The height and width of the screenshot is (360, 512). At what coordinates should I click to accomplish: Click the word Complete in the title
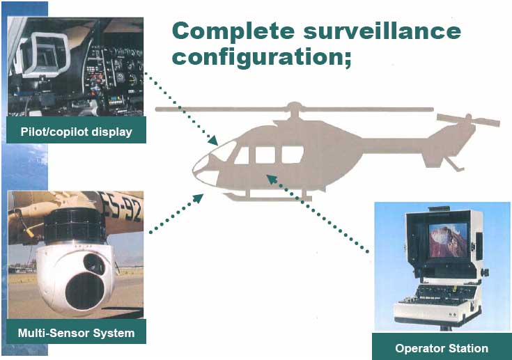click(x=233, y=31)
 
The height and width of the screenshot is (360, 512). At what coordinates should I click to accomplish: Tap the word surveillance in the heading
click(x=382, y=31)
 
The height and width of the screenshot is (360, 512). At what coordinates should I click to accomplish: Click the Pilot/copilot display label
click(x=77, y=132)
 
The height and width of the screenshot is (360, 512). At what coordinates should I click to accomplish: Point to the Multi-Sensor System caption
click(x=76, y=333)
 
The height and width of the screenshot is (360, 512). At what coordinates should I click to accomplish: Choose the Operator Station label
click(x=442, y=348)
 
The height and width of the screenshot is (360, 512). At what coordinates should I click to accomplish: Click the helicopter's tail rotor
click(x=468, y=120)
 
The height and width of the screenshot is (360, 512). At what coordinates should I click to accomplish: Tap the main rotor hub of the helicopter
click(x=294, y=107)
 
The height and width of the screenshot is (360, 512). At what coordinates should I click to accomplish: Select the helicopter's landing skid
click(x=267, y=197)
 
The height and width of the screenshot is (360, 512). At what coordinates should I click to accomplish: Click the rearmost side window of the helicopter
click(x=293, y=155)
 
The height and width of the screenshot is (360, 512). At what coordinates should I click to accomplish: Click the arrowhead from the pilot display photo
click(x=213, y=141)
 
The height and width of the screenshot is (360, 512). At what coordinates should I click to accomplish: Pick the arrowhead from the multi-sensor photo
click(x=199, y=198)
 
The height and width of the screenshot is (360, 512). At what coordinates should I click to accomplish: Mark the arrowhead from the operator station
click(x=272, y=179)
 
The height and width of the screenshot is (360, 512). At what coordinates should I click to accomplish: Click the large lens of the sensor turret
click(x=85, y=291)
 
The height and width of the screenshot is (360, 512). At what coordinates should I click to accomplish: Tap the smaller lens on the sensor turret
click(x=94, y=263)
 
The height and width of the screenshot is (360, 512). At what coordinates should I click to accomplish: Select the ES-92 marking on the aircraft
click(x=122, y=206)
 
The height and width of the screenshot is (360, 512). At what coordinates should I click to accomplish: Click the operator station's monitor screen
click(x=448, y=240)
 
